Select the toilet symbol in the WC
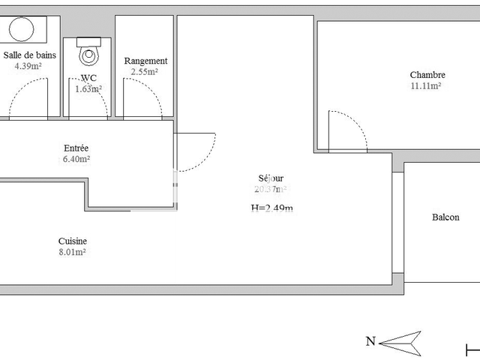pos(91,52)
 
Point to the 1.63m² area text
pos(88,88)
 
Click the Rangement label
pos(145,61)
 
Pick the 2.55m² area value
pos(145,72)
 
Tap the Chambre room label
pos(427,74)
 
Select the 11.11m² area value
pos(426,85)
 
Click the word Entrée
pos(76,148)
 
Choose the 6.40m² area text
pos(76,159)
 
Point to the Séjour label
pos(271,178)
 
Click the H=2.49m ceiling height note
pos(271,208)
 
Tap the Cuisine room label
pos(73,241)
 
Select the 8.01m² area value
pos(72,252)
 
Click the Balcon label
pos(445,217)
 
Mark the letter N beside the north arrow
pos(370,341)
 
